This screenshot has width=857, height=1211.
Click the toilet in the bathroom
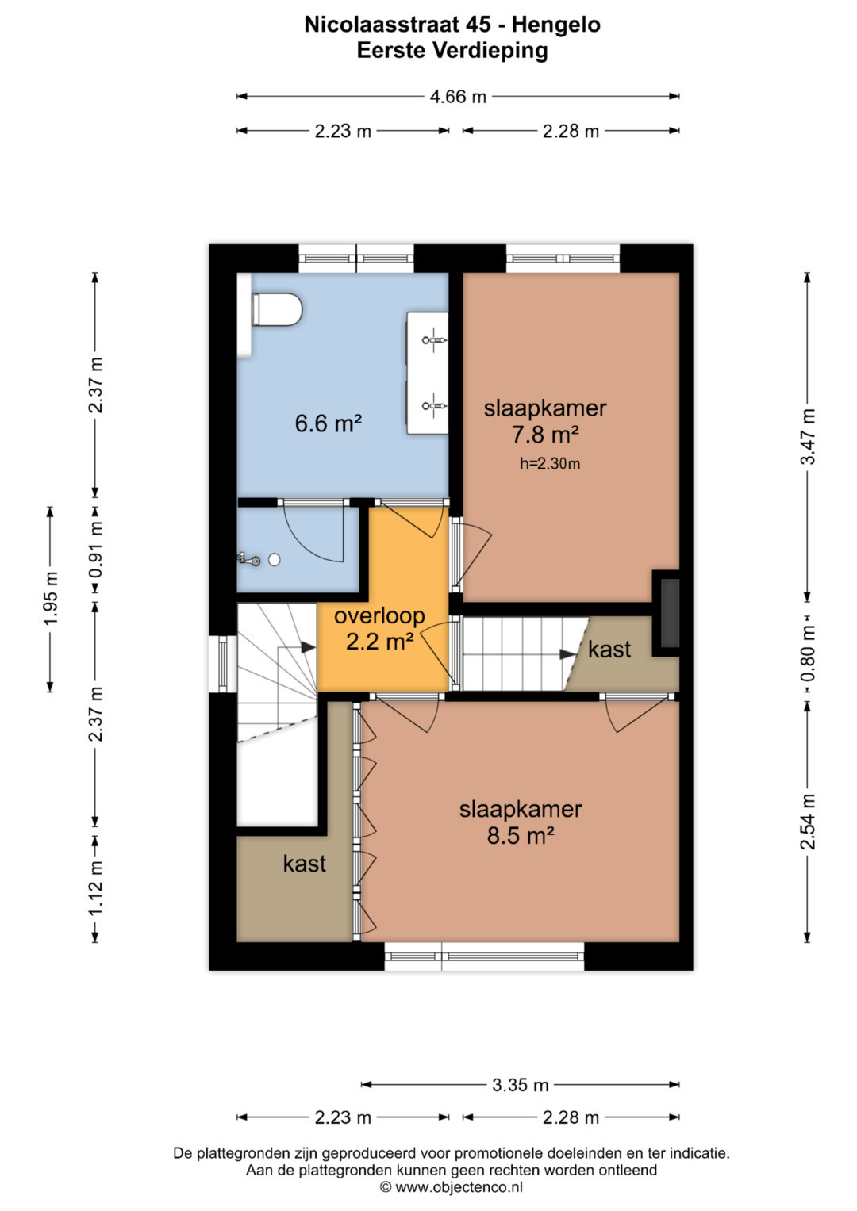(x=276, y=309)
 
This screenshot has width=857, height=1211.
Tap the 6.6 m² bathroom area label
(x=328, y=423)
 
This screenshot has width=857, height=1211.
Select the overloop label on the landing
(x=379, y=615)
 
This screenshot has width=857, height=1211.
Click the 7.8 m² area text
(x=545, y=434)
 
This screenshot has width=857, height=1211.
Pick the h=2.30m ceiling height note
(x=550, y=463)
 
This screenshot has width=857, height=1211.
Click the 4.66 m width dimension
(x=458, y=97)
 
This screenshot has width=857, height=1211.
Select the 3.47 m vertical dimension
(x=808, y=437)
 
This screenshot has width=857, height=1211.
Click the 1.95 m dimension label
(x=51, y=599)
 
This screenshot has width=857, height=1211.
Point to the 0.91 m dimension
(x=96, y=550)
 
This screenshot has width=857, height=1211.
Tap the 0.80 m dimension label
(x=808, y=653)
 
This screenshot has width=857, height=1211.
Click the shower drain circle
(x=275, y=560)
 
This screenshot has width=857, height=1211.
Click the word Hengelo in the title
(x=556, y=25)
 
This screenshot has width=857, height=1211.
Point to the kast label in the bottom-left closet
(x=304, y=864)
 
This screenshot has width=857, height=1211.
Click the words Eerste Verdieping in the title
(x=452, y=51)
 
